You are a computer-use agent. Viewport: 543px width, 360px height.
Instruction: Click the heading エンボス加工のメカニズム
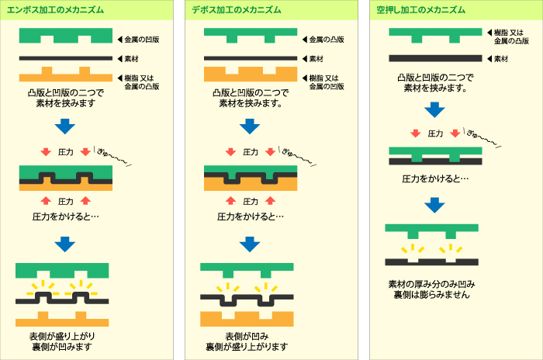(x=55, y=9)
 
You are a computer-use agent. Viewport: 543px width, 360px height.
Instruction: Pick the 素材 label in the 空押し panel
(x=500, y=58)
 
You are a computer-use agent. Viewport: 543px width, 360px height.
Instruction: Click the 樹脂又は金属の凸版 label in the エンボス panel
(x=143, y=81)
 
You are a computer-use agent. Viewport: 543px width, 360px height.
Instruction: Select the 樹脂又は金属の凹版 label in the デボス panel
(x=327, y=81)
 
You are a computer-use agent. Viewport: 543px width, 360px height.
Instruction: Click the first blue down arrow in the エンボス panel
(x=65, y=126)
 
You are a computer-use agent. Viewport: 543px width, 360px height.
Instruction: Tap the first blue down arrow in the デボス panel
(x=249, y=126)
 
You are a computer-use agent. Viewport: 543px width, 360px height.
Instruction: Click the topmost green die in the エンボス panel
(x=65, y=36)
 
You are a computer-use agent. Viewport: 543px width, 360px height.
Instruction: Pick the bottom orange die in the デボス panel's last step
(x=249, y=318)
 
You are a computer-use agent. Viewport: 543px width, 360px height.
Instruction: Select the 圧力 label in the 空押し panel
(x=435, y=133)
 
